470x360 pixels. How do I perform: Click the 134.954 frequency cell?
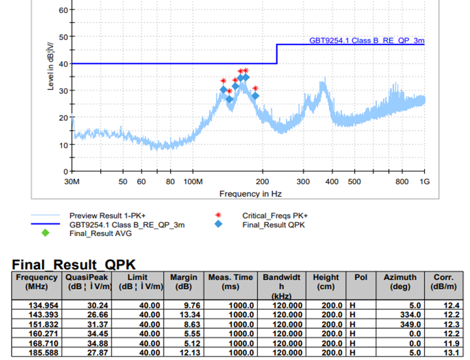[36, 305]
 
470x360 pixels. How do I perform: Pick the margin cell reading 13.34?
[184, 315]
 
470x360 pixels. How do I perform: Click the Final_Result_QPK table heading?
[74, 264]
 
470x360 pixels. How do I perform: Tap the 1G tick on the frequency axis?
[424, 182]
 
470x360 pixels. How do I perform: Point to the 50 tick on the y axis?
[62, 37]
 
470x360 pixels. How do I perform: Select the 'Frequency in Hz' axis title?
[250, 193]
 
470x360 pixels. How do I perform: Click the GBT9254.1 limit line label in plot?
[367, 40]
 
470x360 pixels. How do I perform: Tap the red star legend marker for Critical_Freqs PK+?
[219, 215]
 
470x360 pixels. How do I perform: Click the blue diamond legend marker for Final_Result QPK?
[219, 224]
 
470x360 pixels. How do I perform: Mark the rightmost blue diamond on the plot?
[255, 96]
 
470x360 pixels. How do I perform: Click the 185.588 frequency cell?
[36, 352]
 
